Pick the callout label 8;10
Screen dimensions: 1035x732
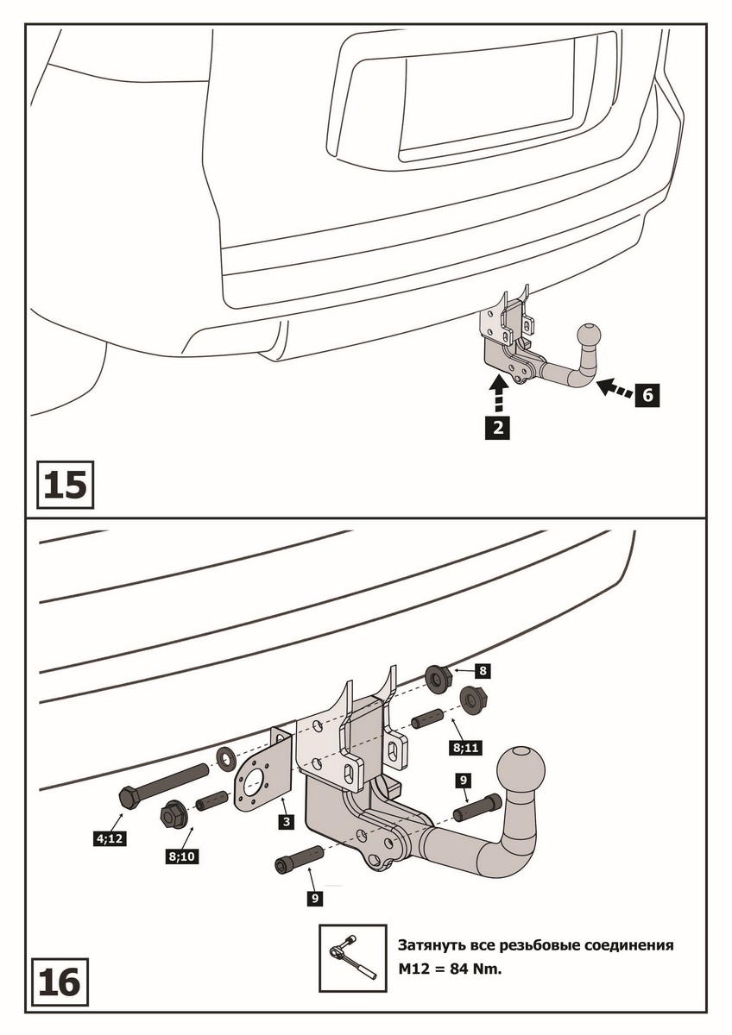coord(180,856)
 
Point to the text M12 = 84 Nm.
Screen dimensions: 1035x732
coord(449,968)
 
